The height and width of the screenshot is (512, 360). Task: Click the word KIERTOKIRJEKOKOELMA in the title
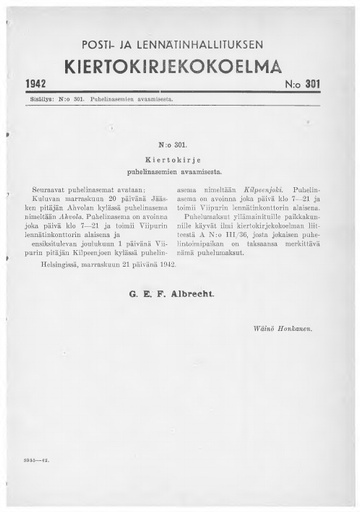pyautogui.click(x=180, y=71)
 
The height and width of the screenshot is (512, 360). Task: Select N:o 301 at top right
pyautogui.click(x=310, y=95)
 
